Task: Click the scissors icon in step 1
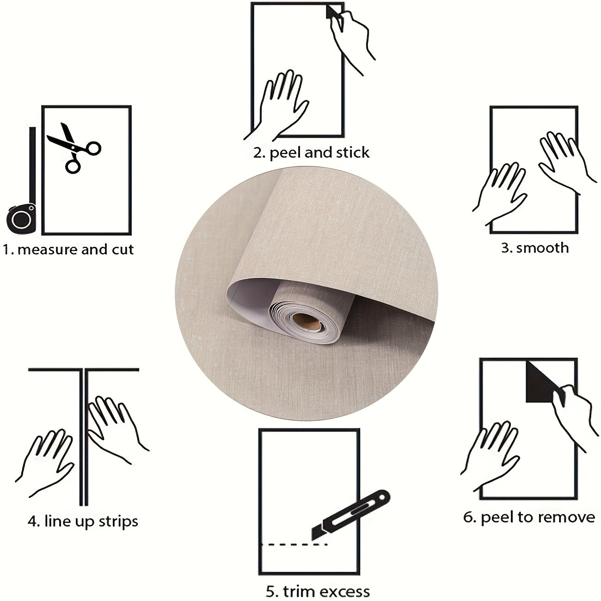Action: tap(74, 147)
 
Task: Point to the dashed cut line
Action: tap(294, 545)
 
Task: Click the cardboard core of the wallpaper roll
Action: tap(307, 322)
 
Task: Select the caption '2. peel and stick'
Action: tap(311, 153)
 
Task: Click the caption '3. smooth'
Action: tap(535, 248)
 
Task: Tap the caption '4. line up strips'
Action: tap(83, 521)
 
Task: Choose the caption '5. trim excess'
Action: tap(318, 591)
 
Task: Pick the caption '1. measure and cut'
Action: tap(68, 250)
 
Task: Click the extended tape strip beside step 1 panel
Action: tap(32, 166)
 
